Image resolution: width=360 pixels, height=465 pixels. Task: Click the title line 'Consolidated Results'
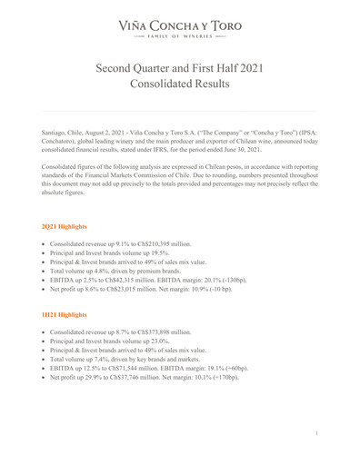[179, 84]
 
